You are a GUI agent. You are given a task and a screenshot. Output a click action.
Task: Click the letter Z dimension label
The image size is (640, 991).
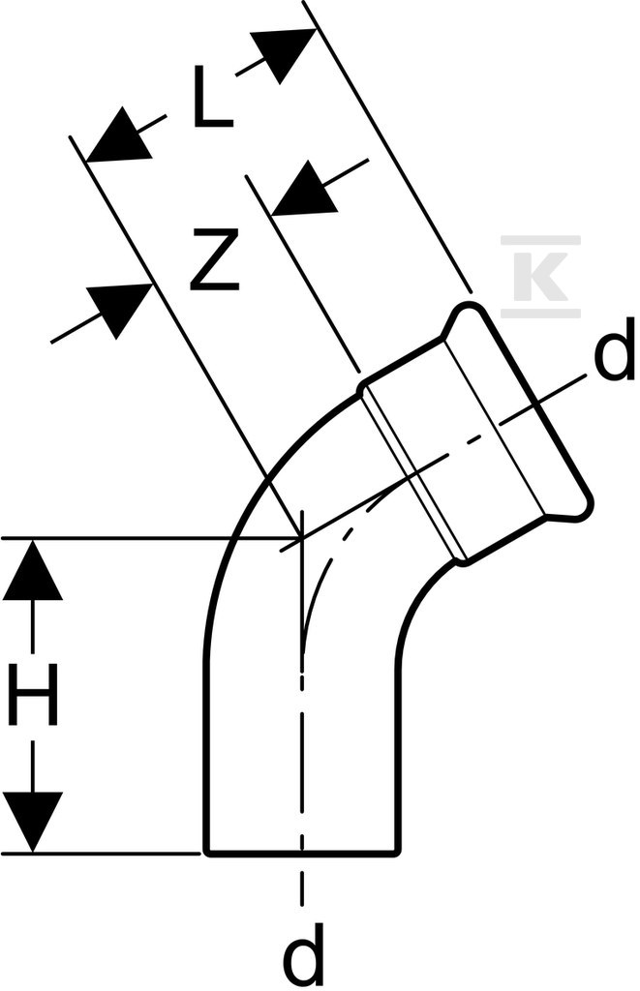(x=214, y=259)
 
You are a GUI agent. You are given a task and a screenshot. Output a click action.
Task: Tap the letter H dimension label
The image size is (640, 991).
(x=33, y=694)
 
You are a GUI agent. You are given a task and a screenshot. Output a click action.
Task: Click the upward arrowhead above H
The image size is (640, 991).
(x=32, y=568)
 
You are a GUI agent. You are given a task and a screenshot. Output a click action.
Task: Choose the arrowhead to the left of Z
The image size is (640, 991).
(x=119, y=310)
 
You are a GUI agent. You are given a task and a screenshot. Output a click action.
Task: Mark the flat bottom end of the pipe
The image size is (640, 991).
(x=302, y=855)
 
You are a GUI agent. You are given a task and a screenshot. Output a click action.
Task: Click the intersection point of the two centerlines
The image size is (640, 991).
(x=302, y=538)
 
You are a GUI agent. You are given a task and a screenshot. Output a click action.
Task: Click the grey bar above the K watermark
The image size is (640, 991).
(x=540, y=240)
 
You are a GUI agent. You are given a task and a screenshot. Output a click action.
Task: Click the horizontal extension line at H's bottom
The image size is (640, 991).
(x=102, y=854)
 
